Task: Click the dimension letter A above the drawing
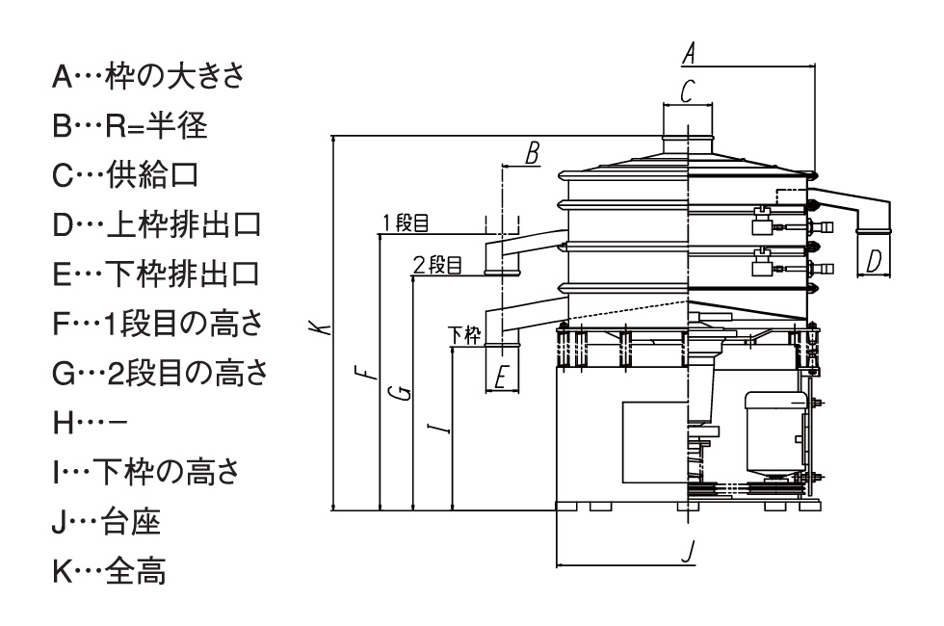coord(689,54)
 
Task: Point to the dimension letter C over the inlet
coord(687,91)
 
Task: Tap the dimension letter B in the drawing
coord(532,152)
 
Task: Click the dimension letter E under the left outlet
coord(500,378)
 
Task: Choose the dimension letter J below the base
coord(687,552)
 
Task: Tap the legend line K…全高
coord(108,571)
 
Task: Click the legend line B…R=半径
coord(130,127)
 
